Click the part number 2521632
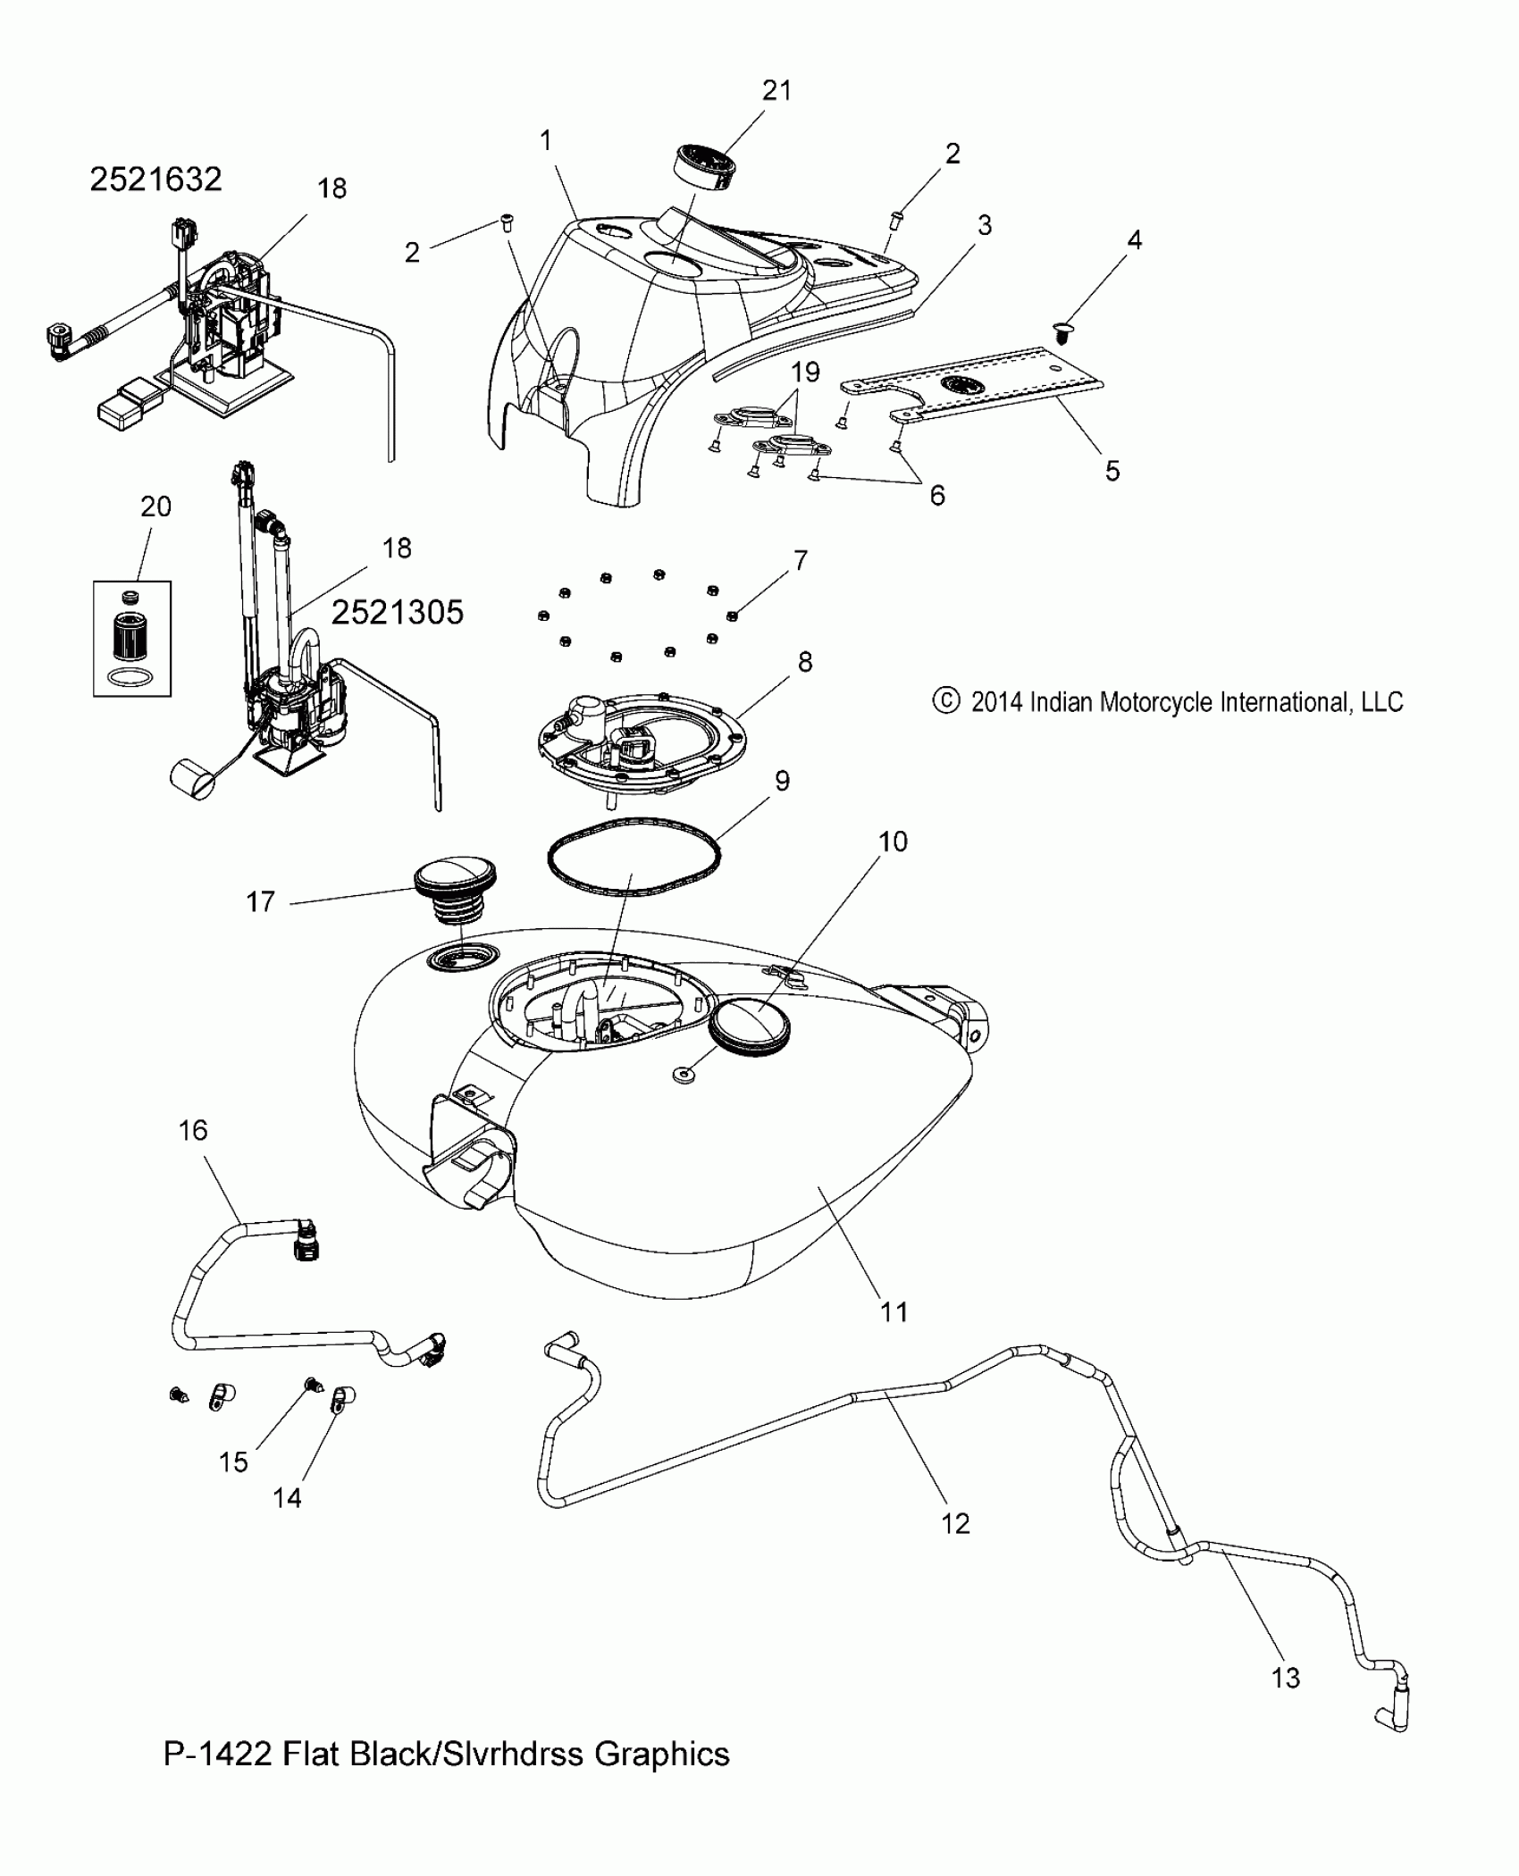[x=155, y=180]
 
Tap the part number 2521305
[x=398, y=613]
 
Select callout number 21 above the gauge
[x=776, y=90]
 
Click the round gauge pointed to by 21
[x=702, y=166]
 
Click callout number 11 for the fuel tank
[x=894, y=1311]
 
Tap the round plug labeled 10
[x=752, y=1026]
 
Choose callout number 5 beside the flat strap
[x=1112, y=471]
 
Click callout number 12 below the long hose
[x=955, y=1523]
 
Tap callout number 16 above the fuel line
[x=193, y=1130]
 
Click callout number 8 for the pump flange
[x=805, y=662]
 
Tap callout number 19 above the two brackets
[x=805, y=372]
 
